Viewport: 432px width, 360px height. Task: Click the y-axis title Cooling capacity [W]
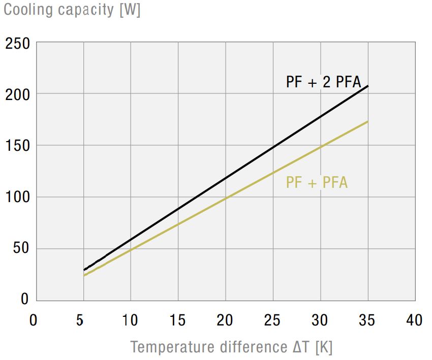72,10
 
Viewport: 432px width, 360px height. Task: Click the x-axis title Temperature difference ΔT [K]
231,347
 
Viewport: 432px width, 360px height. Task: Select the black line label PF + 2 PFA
323,82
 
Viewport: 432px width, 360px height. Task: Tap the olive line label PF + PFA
317,182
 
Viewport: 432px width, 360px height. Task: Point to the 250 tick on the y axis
18,44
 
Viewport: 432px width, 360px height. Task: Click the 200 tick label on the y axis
18,94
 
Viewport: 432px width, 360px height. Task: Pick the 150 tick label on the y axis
18,146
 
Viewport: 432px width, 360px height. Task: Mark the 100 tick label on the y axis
18,197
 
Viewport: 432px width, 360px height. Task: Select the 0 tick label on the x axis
34,320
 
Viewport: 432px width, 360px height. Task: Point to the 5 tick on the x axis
80,320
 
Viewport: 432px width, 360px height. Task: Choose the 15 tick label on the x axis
178,320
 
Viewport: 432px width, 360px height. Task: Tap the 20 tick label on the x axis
225,320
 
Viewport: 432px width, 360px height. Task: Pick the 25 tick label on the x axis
273,320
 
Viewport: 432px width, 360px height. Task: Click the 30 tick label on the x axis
320,320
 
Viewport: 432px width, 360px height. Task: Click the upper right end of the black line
367,86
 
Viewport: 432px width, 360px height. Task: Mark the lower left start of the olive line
84,275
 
